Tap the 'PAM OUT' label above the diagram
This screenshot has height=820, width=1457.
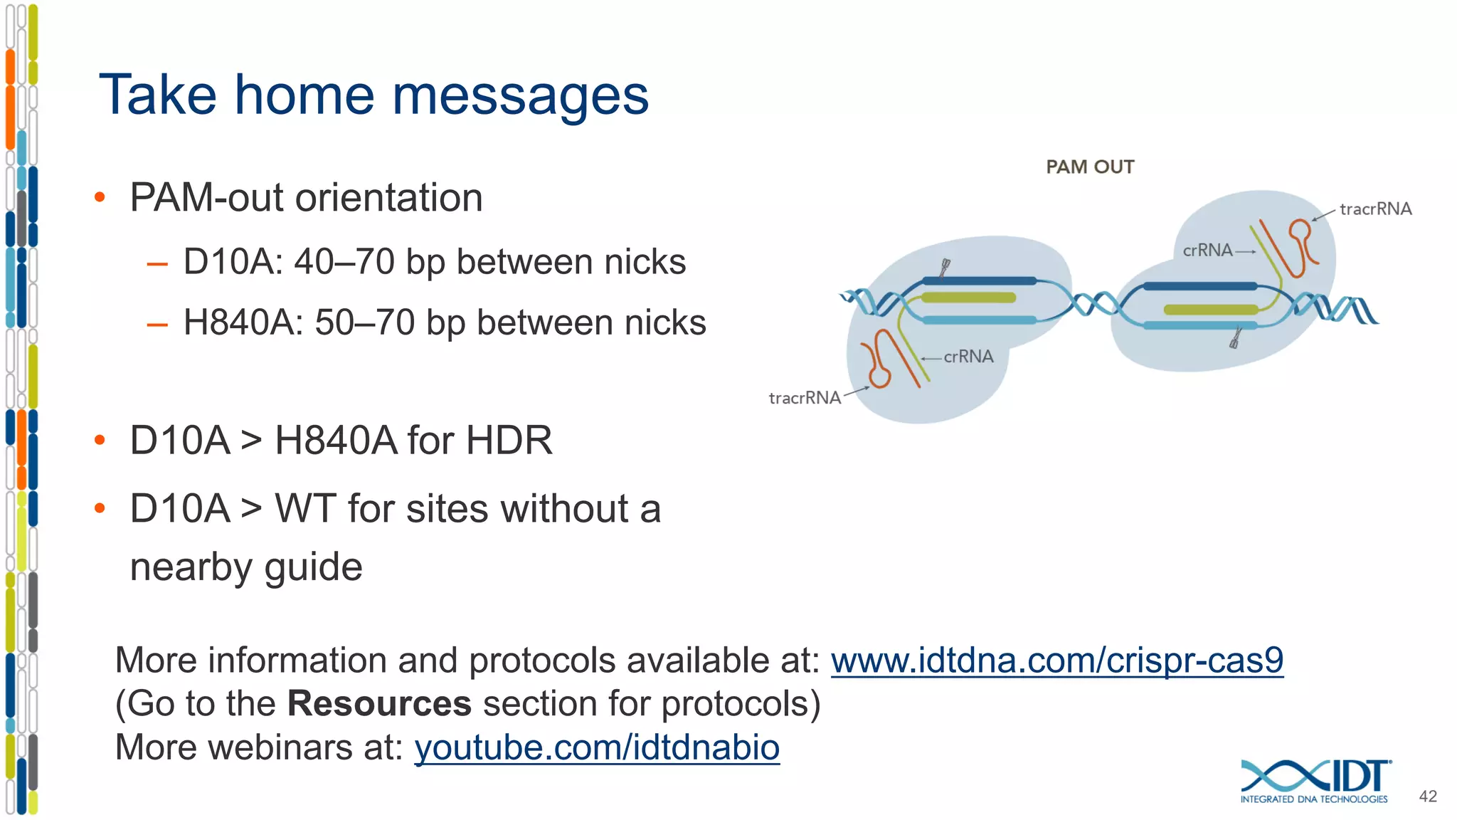pos(1089,167)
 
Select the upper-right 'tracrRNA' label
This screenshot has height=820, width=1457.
pos(1375,209)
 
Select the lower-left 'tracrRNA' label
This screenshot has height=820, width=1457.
pos(805,397)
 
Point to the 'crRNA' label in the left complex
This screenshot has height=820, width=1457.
pos(968,357)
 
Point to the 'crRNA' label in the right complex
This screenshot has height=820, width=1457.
pos(1207,250)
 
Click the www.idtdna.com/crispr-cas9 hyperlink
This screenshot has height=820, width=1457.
pos(1056,660)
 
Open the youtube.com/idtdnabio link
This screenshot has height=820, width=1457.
pos(597,747)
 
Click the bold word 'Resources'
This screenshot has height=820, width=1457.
pos(379,703)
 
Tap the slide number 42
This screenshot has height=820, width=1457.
pos(1428,796)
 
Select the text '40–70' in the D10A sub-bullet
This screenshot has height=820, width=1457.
pos(344,261)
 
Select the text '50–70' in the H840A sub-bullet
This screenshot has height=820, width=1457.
pos(364,322)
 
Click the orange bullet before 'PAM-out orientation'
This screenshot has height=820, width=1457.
pos(100,197)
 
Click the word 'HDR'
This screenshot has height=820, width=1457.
pos(509,440)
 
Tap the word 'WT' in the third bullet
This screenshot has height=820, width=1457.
pos(305,508)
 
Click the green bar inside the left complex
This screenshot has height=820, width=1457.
pos(968,298)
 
